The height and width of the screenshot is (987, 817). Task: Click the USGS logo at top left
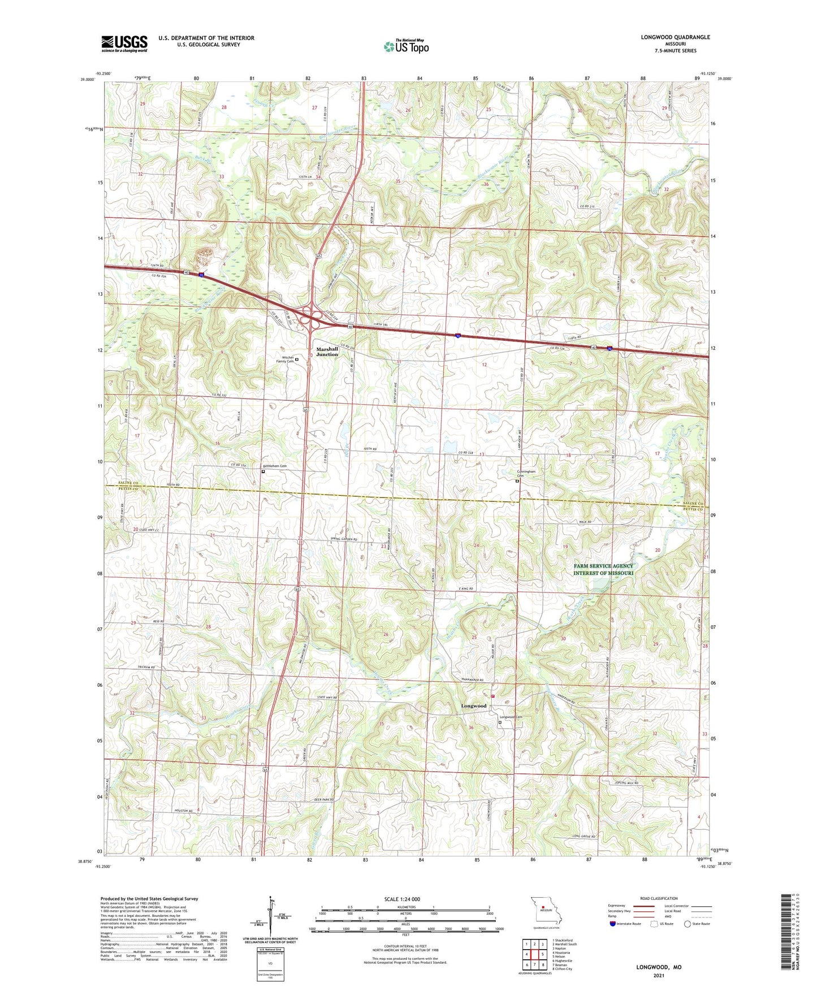click(x=124, y=44)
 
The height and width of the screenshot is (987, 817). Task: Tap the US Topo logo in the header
click(x=406, y=46)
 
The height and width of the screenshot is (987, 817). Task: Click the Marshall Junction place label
click(x=327, y=352)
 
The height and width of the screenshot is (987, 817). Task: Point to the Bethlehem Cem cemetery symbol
click(x=263, y=471)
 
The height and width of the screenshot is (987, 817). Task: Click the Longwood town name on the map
click(x=473, y=706)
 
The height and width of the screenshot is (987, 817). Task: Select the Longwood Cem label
click(x=511, y=717)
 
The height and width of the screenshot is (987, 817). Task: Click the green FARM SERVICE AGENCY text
click(x=603, y=566)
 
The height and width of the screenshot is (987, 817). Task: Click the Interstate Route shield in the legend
click(x=613, y=924)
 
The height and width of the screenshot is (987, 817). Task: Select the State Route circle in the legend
click(x=688, y=924)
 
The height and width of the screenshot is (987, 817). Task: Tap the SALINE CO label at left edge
click(x=128, y=483)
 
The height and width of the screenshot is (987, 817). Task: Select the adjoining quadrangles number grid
click(x=534, y=954)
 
